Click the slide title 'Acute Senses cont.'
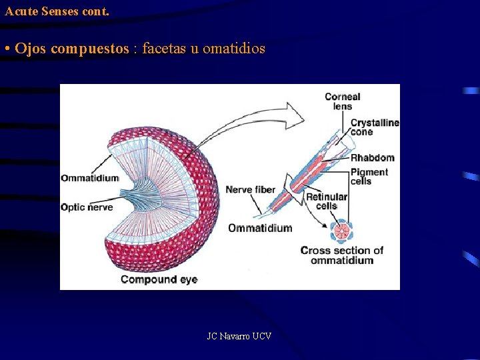pyautogui.click(x=57, y=11)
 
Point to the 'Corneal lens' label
pyautogui.click(x=342, y=101)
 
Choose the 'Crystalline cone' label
pyautogui.click(x=374, y=127)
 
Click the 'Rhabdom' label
pyautogui.click(x=372, y=158)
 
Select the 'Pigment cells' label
pyautogui.click(x=369, y=177)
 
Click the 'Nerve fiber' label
pyautogui.click(x=250, y=190)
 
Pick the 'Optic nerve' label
pyautogui.click(x=87, y=207)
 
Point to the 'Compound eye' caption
pyautogui.click(x=159, y=279)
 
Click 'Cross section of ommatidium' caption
pyautogui.click(x=341, y=255)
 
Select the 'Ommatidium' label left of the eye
pyautogui.click(x=89, y=178)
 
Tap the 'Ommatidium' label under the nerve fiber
pyautogui.click(x=260, y=228)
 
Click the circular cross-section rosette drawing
pyautogui.click(x=342, y=232)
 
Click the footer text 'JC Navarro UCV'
pyautogui.click(x=239, y=336)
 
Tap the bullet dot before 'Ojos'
pyautogui.click(x=6, y=49)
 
